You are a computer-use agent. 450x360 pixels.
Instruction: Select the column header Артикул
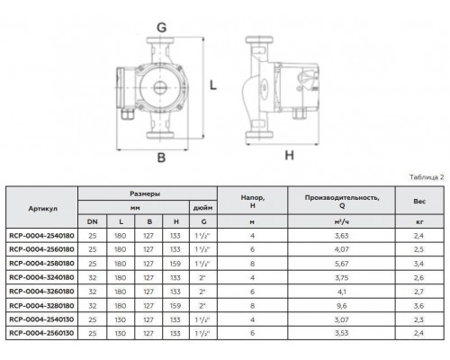[42, 208]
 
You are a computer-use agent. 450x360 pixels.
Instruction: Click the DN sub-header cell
[92, 221]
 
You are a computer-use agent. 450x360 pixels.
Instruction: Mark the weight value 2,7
[418, 293]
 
